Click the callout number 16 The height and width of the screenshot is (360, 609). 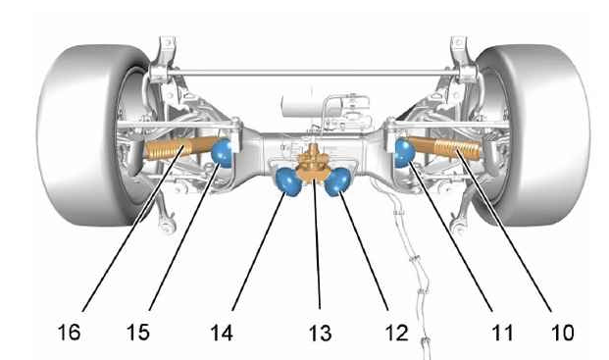tap(69, 333)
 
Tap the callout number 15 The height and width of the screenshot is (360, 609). tap(138, 333)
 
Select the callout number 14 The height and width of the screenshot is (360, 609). tap(222, 333)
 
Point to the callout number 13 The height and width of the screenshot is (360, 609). tap(321, 334)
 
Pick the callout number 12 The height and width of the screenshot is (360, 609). tap(397, 333)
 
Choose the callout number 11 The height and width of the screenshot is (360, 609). tap(502, 333)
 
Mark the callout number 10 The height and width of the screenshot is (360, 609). tap(563, 333)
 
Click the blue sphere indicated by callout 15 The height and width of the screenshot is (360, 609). tap(222, 152)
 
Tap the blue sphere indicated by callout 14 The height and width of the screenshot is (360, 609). tap(288, 181)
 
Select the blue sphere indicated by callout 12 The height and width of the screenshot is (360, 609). tap(337, 181)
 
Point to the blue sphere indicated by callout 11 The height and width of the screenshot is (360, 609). tap(404, 153)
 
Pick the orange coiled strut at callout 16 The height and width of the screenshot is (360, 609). tap(179, 148)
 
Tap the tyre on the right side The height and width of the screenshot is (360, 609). tap(540, 135)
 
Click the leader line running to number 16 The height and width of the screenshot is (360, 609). tap(132, 229)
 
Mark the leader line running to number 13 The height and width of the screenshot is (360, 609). tap(317, 243)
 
